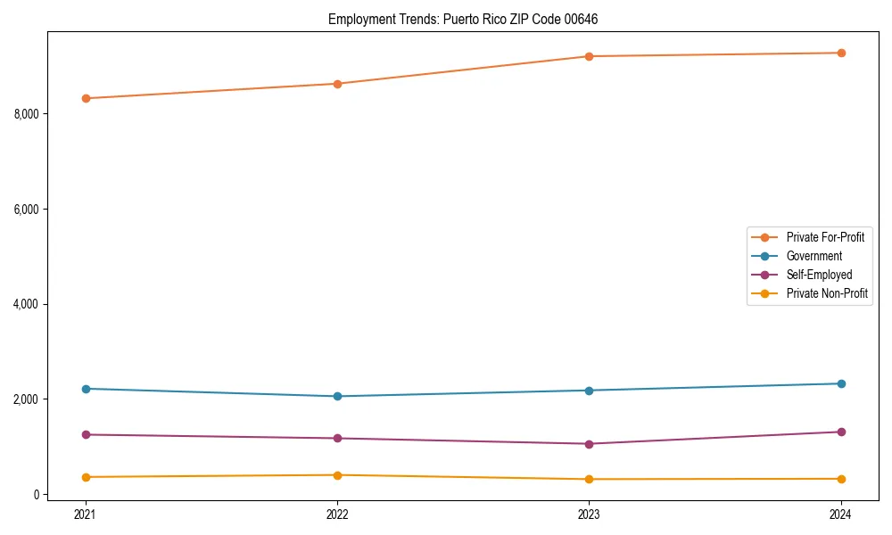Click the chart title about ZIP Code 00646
pos(463,19)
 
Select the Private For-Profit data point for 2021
pos(86,98)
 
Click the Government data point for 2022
pos(337,396)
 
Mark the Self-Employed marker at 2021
pos(86,434)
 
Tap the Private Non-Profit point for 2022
pos(337,475)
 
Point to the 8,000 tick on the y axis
pos(27,114)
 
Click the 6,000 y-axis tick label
pos(27,210)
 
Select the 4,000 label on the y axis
pos(27,304)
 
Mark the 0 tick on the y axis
pos(37,494)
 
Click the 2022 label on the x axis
pos(337,514)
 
